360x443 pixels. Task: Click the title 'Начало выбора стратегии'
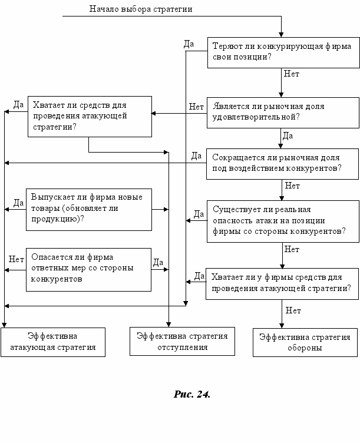pyautogui.click(x=141, y=9)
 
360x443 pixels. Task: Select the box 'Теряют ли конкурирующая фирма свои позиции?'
pyautogui.click(x=283, y=52)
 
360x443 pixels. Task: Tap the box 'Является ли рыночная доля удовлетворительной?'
pyautogui.click(x=283, y=113)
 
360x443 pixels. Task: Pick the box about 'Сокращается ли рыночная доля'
pyautogui.click(x=282, y=164)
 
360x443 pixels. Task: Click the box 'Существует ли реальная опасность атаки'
pyautogui.click(x=283, y=221)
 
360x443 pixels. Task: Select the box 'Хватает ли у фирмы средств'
pyautogui.click(x=282, y=284)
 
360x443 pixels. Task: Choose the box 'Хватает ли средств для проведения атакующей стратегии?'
pyautogui.click(x=90, y=117)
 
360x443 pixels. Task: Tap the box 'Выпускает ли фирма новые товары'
pyautogui.click(x=89, y=210)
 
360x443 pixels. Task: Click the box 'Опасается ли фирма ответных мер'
pyautogui.click(x=88, y=270)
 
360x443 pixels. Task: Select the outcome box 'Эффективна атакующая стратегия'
pyautogui.click(x=53, y=342)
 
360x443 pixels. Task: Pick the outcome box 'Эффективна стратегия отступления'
pyautogui.click(x=182, y=341)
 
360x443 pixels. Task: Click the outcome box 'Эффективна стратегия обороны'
pyautogui.click(x=305, y=342)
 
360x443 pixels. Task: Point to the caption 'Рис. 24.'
pyautogui.click(x=192, y=394)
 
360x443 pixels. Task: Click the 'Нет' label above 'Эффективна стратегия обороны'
pyautogui.click(x=293, y=310)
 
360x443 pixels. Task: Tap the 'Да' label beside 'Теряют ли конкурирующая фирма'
pyautogui.click(x=189, y=44)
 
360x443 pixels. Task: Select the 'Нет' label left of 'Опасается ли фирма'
pyautogui.click(x=16, y=259)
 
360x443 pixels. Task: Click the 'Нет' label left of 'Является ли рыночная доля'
pyautogui.click(x=196, y=107)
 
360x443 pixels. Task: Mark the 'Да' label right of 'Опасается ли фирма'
pyautogui.click(x=158, y=263)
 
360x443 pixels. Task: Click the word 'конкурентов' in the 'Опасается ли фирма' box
pyautogui.click(x=57, y=279)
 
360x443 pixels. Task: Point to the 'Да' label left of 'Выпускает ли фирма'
pyautogui.click(x=18, y=203)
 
